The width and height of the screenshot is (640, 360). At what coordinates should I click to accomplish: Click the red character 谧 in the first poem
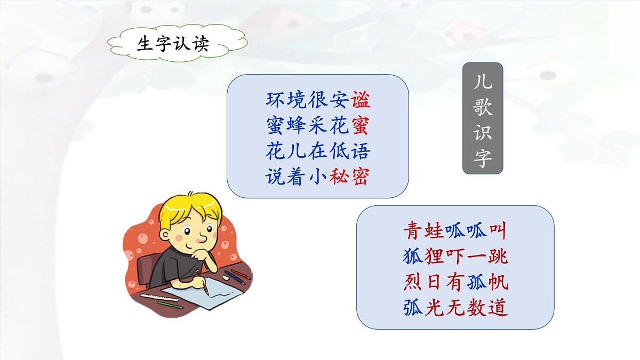pyautogui.click(x=361, y=100)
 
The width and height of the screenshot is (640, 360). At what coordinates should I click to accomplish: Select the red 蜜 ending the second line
pyautogui.click(x=361, y=125)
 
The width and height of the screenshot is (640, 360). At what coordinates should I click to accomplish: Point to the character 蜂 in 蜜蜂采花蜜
pyautogui.click(x=295, y=125)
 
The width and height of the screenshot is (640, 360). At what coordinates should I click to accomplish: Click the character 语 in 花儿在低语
pyautogui.click(x=361, y=151)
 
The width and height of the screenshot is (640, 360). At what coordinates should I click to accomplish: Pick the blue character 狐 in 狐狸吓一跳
pyautogui.click(x=412, y=257)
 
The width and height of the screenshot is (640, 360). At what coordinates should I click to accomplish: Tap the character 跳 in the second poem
pyautogui.click(x=497, y=257)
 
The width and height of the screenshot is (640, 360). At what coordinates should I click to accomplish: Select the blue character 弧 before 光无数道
pyautogui.click(x=412, y=308)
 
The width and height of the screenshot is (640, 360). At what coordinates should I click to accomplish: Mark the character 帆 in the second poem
pyautogui.click(x=497, y=282)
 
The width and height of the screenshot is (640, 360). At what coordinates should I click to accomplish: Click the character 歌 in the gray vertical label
pyautogui.click(x=482, y=108)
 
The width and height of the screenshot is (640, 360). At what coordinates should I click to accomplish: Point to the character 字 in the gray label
pyautogui.click(x=482, y=158)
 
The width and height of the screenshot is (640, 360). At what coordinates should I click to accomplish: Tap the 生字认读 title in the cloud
pyautogui.click(x=173, y=44)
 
